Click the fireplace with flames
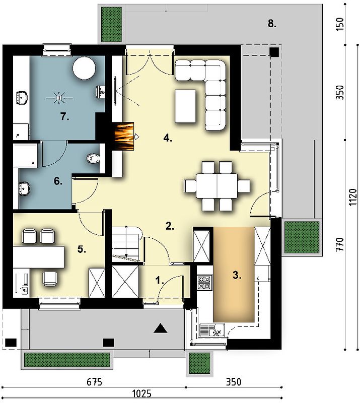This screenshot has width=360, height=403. pyautogui.click(x=124, y=136)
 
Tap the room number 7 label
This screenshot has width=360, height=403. pyautogui.click(x=65, y=117)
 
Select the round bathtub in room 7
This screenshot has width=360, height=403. pyautogui.click(x=84, y=69)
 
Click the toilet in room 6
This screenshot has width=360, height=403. pyautogui.click(x=93, y=158)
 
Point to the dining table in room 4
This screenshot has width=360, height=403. pyautogui.click(x=217, y=185)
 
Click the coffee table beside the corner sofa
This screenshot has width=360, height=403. pyautogui.click(x=185, y=106)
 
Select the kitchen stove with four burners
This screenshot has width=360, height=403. pyautogui.click(x=204, y=283)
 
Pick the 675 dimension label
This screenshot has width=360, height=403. pyautogui.click(x=94, y=382)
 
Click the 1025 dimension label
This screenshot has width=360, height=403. pyautogui.click(x=141, y=393)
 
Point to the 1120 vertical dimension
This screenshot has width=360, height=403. pyautogui.click(x=353, y=197)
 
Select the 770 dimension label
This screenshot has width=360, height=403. pyautogui.click(x=339, y=244)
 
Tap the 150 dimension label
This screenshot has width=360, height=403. pyautogui.click(x=339, y=24)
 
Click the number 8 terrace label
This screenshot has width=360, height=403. pyautogui.click(x=272, y=24)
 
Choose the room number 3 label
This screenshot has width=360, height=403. pyautogui.click(x=237, y=275)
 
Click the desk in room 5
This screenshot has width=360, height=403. pyautogui.click(x=39, y=257)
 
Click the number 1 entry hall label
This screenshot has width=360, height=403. pyautogui.click(x=160, y=280)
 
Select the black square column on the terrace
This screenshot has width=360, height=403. pyautogui.click(x=274, y=52)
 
